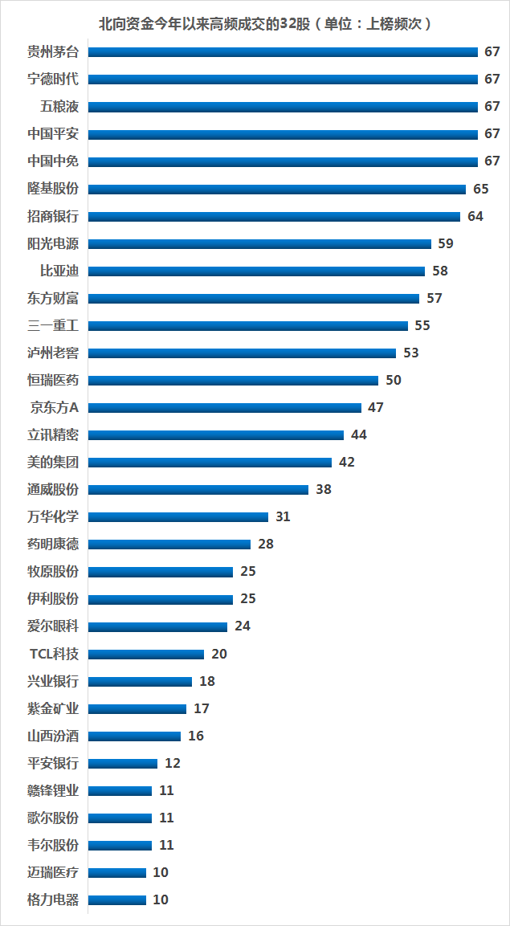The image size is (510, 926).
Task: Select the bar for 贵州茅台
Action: tap(283, 52)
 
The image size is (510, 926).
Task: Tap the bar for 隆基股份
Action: tap(276, 189)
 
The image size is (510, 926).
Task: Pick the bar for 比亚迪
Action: tap(256, 271)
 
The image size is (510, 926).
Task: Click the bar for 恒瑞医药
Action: tap(233, 380)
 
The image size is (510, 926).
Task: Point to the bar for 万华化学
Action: tap(177, 516)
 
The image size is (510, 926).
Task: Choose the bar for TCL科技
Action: tap(145, 654)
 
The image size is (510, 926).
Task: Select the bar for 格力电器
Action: tap(116, 899)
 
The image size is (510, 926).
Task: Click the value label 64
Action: tap(475, 216)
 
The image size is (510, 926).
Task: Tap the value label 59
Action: tap(447, 243)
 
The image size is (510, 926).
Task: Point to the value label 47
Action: tap(376, 407)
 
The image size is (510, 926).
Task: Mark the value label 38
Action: tap(324, 489)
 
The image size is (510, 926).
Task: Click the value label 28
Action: tap(266, 544)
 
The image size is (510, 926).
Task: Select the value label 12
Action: tap(173, 763)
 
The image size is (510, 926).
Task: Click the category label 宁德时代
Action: tap(53, 79)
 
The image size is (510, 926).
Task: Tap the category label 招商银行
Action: tap(53, 216)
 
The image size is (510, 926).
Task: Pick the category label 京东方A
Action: tap(55, 407)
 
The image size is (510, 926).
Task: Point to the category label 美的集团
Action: tap(53, 462)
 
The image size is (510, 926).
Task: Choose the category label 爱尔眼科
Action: tap(53, 626)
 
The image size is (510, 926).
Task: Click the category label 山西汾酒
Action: tap(53, 736)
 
